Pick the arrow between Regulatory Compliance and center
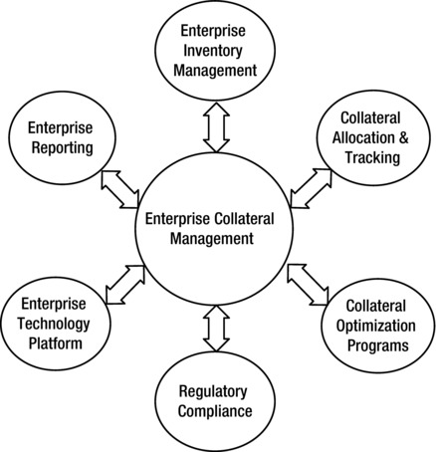point(215,327)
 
